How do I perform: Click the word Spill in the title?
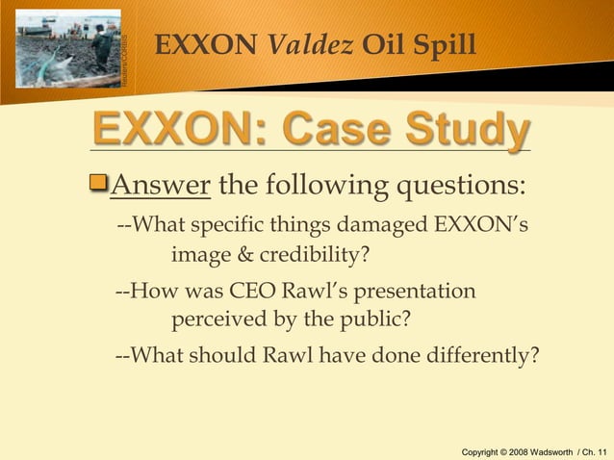tap(442, 44)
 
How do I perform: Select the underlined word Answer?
tap(161, 184)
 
